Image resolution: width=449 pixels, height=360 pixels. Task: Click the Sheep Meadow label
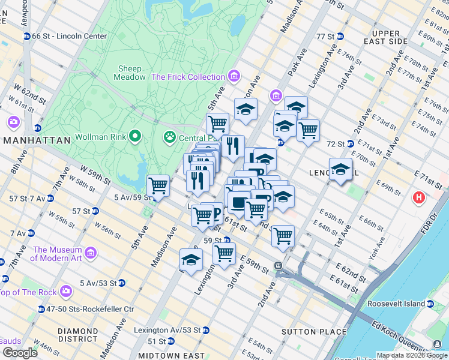click(130, 73)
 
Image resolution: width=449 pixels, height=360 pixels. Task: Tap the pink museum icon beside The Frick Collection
click(234, 76)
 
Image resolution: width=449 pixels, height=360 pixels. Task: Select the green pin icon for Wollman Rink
click(135, 136)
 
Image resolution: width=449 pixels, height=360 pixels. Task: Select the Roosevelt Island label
click(397, 304)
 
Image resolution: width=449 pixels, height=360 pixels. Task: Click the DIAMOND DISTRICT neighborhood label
click(77, 335)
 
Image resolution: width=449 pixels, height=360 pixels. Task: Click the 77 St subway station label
click(325, 36)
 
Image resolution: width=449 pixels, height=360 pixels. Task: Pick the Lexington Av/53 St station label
click(167, 330)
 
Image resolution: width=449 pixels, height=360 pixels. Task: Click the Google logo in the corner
click(20, 352)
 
